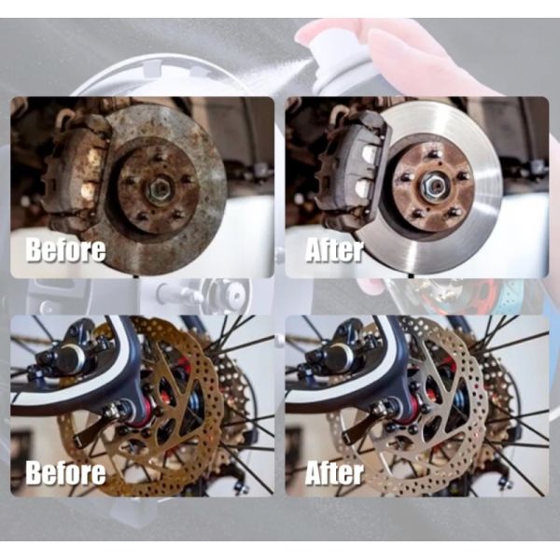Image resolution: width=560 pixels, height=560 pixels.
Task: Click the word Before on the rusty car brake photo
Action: coord(65,250)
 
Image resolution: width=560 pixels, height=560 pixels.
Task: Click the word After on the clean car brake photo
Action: coord(335,250)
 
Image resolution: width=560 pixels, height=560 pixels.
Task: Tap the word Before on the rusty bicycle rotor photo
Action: coord(65,471)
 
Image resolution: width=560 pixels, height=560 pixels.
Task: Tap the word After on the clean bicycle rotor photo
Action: coord(335,471)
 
